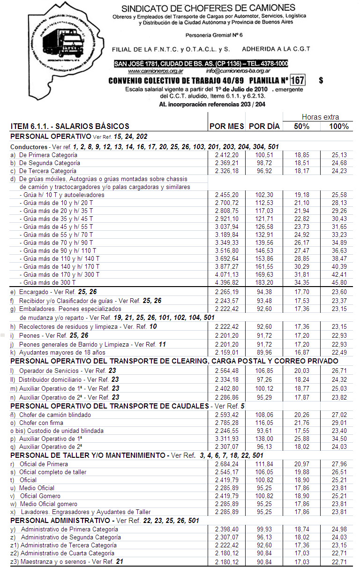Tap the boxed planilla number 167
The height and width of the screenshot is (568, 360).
coord(297,80)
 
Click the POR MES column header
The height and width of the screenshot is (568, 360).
coord(226,126)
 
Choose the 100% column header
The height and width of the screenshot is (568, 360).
coord(339,126)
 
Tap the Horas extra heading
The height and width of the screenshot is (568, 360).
coord(320,117)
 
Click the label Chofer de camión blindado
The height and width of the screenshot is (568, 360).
coord(55,415)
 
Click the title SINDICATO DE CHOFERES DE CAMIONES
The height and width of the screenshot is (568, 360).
coord(209,8)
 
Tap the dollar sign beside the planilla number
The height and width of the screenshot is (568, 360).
coord(321,81)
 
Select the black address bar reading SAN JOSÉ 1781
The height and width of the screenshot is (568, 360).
coord(201,63)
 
